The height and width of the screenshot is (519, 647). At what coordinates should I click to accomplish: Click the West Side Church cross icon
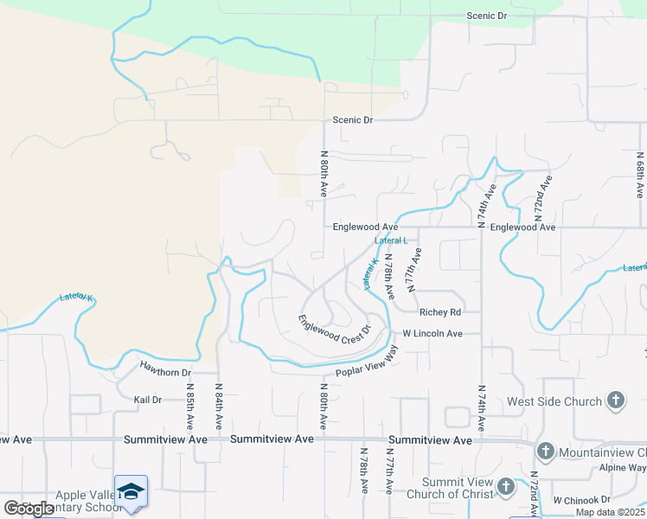pos(615,400)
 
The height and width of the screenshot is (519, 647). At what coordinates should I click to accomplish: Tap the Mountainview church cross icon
pos(545,451)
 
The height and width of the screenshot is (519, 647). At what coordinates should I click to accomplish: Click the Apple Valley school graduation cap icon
pos(131,491)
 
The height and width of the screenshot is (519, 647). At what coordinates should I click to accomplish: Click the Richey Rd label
pos(439,312)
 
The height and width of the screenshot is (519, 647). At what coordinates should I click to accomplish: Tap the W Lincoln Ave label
pos(432,333)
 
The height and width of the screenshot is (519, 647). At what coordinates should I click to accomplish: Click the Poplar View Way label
pos(367,363)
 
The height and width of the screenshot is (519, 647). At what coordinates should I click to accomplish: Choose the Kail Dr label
pos(148,400)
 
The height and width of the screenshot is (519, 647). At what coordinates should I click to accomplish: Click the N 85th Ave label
pos(189,407)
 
